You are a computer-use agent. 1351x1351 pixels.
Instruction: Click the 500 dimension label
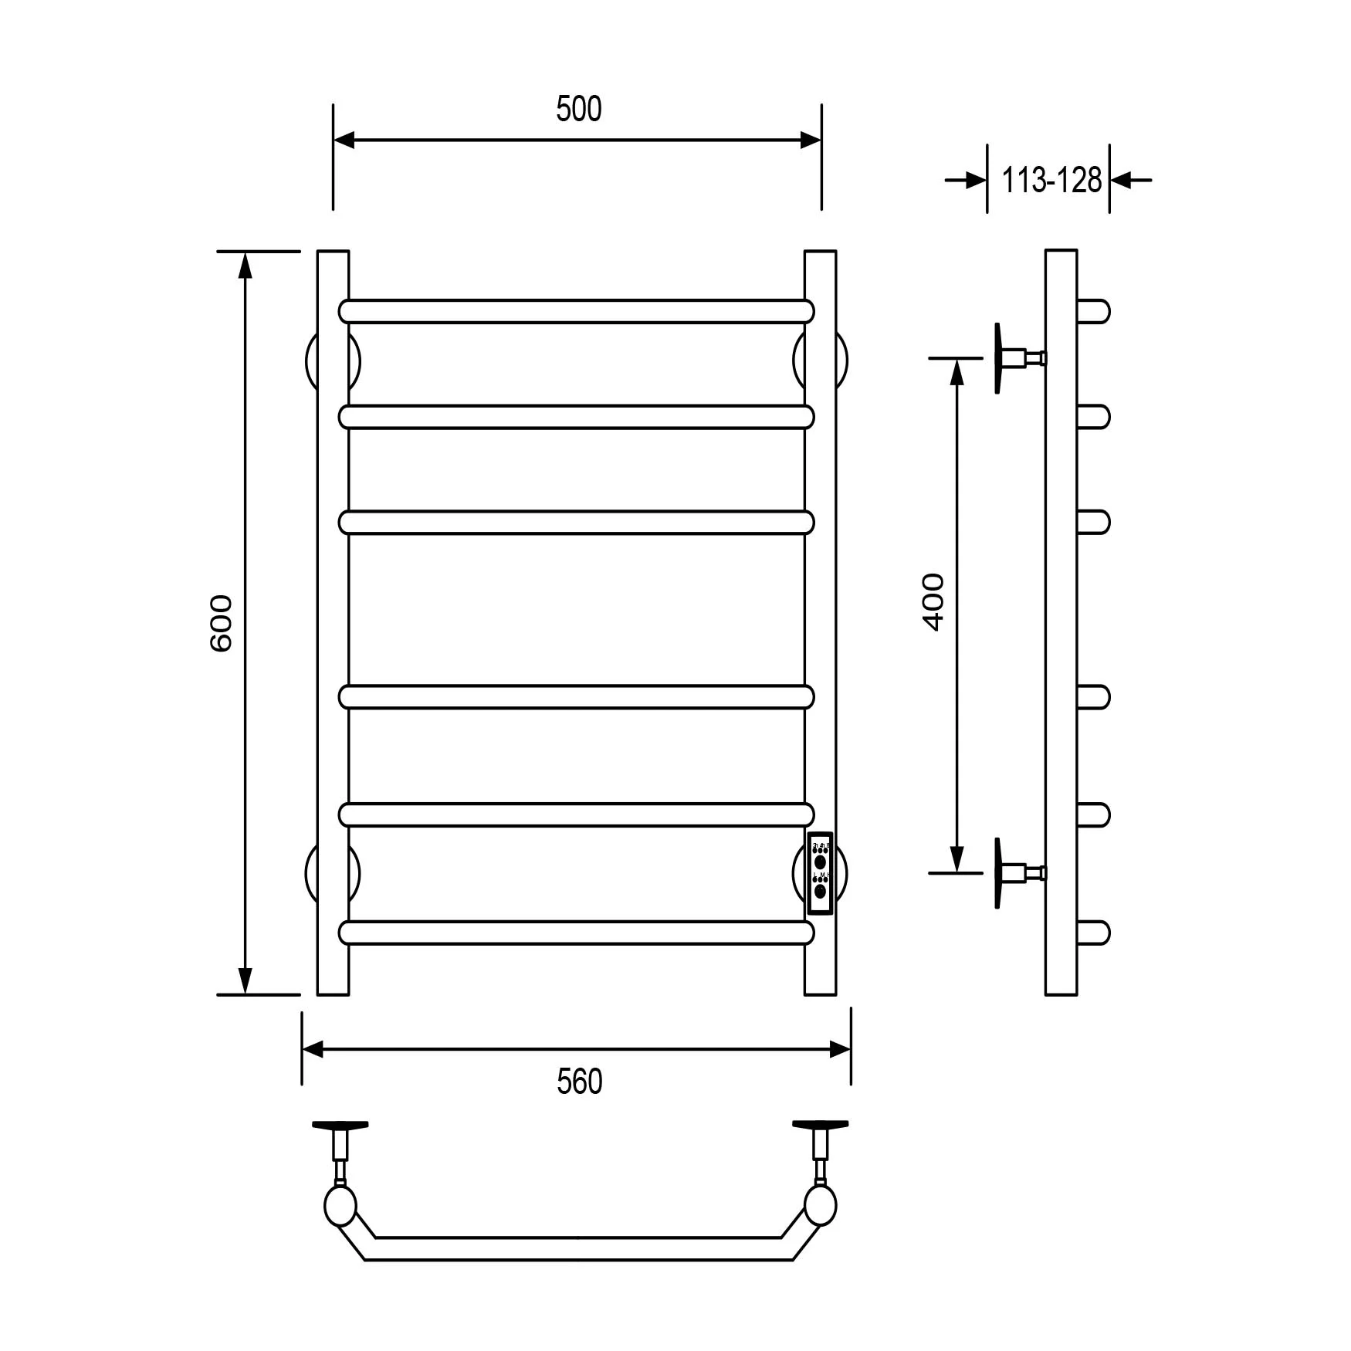tap(578, 109)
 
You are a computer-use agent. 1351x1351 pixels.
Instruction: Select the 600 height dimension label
tap(221, 623)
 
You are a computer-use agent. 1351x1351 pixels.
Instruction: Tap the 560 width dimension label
tap(579, 1082)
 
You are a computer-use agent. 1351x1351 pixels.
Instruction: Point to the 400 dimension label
tap(933, 602)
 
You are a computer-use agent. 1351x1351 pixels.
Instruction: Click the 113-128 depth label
tap(1051, 180)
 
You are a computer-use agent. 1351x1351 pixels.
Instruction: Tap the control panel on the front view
tap(820, 874)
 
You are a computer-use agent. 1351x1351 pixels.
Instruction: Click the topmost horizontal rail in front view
tap(576, 311)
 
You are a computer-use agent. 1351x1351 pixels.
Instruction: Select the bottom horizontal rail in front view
tap(576, 933)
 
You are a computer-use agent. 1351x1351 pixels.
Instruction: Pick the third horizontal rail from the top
tap(576, 523)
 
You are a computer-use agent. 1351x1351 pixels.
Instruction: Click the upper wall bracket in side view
tap(1017, 358)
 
